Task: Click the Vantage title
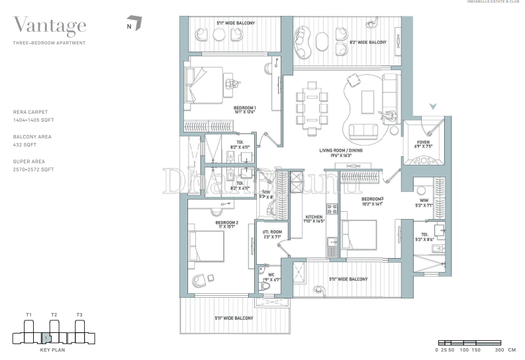tap(50, 26)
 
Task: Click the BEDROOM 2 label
tap(226, 223)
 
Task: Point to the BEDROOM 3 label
tap(372, 199)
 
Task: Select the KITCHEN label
tap(313, 217)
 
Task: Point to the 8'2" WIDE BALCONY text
tap(367, 42)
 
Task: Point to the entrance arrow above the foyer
tap(433, 106)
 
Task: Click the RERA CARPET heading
tap(30, 112)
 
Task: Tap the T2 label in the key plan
tap(54, 314)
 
